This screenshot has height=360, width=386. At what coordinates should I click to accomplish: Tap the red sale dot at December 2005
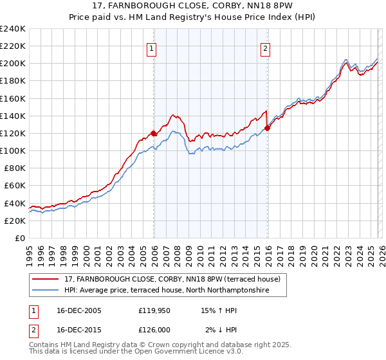154,133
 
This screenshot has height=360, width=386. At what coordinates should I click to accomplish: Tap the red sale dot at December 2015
267,128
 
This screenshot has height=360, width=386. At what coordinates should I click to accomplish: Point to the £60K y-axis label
15,186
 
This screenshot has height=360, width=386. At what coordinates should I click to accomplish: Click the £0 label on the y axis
20,238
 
